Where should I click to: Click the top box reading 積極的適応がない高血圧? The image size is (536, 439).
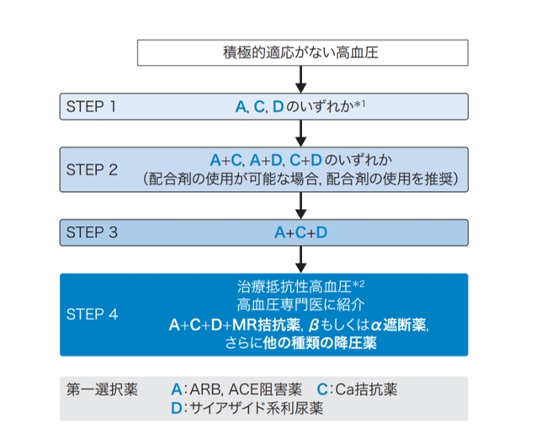(x=303, y=53)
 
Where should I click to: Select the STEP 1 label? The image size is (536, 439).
(x=91, y=106)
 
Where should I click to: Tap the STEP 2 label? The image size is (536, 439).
(x=92, y=170)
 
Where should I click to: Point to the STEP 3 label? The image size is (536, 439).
(x=92, y=233)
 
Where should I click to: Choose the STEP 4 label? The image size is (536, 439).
(x=93, y=314)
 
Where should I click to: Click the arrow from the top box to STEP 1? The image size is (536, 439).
(x=301, y=79)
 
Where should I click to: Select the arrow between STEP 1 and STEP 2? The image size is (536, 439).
(x=301, y=133)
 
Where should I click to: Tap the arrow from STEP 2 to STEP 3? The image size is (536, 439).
(x=301, y=206)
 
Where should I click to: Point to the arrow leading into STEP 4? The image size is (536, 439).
(x=301, y=260)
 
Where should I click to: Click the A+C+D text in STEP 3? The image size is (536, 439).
(x=301, y=233)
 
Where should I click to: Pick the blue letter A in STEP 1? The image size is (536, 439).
(x=241, y=107)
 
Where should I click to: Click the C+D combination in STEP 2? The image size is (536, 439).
(x=305, y=160)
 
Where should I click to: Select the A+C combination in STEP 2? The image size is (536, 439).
(x=226, y=160)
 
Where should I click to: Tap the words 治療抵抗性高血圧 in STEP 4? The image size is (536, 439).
(x=295, y=286)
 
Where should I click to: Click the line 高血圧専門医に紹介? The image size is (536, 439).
(x=301, y=305)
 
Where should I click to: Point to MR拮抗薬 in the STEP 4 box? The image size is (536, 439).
(x=266, y=324)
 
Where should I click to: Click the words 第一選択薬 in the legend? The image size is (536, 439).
(x=102, y=389)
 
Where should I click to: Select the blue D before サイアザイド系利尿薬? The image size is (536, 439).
(x=177, y=408)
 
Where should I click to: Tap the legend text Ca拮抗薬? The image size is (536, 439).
(x=366, y=389)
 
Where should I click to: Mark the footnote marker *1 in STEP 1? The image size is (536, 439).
(x=359, y=104)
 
